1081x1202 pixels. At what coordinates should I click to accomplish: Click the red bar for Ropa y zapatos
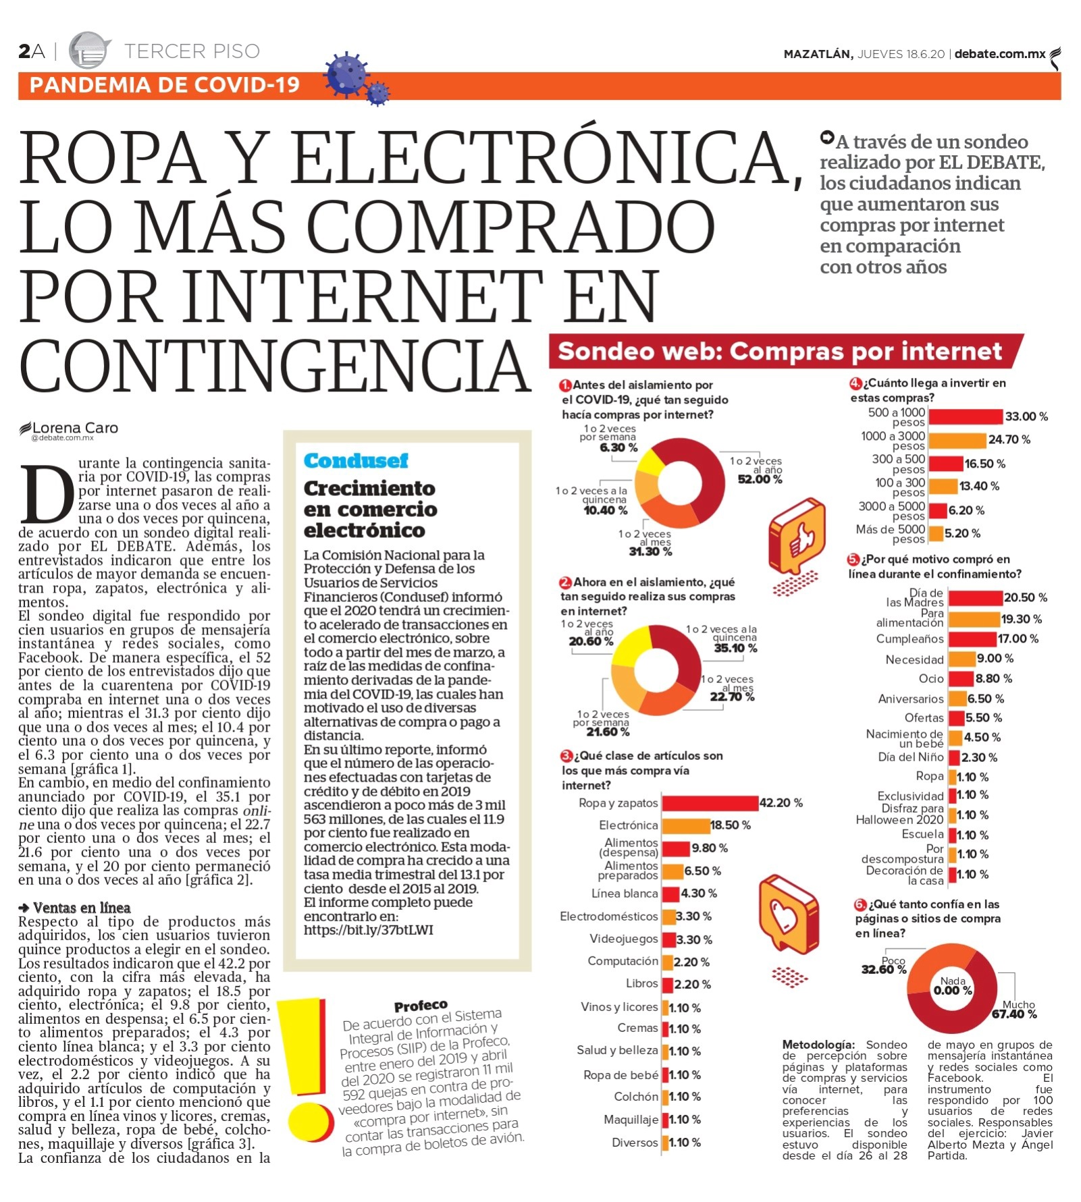(x=710, y=802)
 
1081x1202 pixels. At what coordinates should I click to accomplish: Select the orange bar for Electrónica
(x=685, y=825)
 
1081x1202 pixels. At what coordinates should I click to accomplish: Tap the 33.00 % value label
(x=1026, y=416)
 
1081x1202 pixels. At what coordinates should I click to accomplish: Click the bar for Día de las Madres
(x=975, y=598)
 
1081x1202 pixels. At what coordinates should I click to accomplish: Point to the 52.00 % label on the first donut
(x=760, y=479)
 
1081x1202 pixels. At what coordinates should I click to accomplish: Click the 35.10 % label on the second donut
(x=735, y=649)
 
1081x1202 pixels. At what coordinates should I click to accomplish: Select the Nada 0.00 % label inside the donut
(x=953, y=986)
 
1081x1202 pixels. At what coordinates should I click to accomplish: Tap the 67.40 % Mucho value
(x=1013, y=1014)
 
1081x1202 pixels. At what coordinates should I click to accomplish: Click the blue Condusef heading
(x=356, y=461)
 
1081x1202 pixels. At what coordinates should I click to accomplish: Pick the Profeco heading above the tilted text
(x=421, y=1006)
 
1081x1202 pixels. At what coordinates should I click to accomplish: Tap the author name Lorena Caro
(x=75, y=428)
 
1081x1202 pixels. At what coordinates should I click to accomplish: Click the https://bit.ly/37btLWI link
(x=368, y=930)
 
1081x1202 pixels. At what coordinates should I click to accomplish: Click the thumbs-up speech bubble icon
(x=797, y=537)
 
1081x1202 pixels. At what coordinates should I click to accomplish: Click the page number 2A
(x=31, y=51)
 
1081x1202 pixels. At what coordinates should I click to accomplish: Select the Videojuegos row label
(x=623, y=939)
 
